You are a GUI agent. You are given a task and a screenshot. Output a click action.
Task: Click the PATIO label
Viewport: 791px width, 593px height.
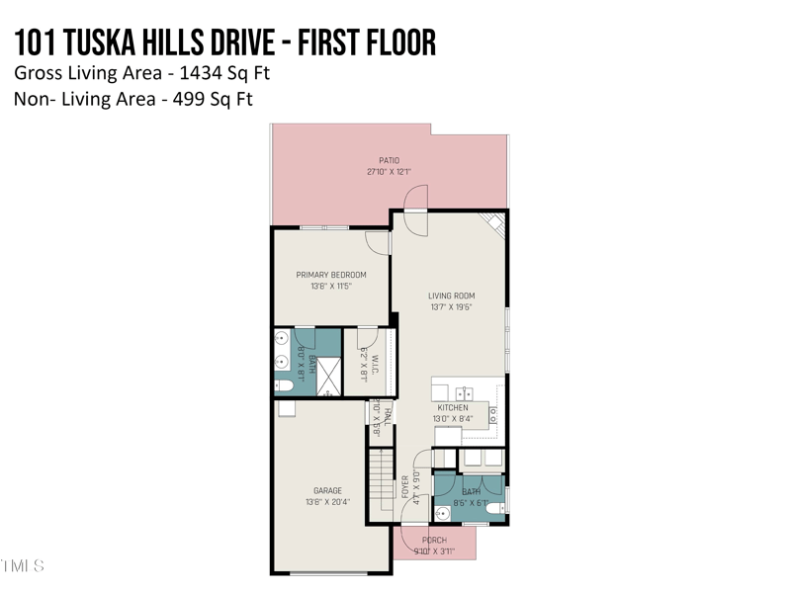[x=389, y=159]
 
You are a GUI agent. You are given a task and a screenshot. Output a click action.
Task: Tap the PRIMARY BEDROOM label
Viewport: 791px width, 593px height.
[x=331, y=275]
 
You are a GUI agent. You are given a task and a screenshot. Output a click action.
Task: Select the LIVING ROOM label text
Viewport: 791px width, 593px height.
[x=451, y=296]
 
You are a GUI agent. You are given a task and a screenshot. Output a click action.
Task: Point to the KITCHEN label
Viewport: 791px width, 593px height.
[x=453, y=408]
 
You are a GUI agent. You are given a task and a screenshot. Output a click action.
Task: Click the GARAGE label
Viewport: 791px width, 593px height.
[x=327, y=490]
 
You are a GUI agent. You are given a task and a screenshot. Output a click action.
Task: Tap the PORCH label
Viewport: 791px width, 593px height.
[x=434, y=540]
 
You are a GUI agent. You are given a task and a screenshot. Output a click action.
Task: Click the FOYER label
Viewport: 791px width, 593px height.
[x=404, y=488]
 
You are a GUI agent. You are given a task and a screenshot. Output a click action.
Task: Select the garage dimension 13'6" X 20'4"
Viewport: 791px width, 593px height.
[x=327, y=501]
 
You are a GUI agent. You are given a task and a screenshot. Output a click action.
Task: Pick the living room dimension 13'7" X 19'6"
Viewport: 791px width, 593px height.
[x=451, y=306]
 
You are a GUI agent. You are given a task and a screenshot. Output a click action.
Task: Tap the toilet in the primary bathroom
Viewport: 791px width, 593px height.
[x=282, y=385]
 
